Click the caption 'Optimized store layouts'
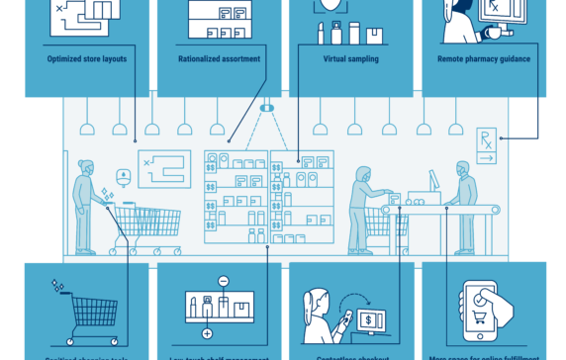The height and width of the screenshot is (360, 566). point(86,59)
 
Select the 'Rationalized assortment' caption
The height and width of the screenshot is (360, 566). point(219,59)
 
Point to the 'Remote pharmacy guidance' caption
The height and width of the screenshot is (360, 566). point(484,59)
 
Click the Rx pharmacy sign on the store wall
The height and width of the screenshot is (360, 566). point(487,143)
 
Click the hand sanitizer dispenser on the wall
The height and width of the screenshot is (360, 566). point(123,179)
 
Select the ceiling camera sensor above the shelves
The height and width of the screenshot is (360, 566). point(266,107)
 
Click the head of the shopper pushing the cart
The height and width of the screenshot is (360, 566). point(87,169)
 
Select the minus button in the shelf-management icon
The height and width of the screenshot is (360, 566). point(224,282)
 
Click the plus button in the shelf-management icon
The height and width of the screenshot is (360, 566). point(207,333)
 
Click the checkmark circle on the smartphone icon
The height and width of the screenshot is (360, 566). point(483,298)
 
